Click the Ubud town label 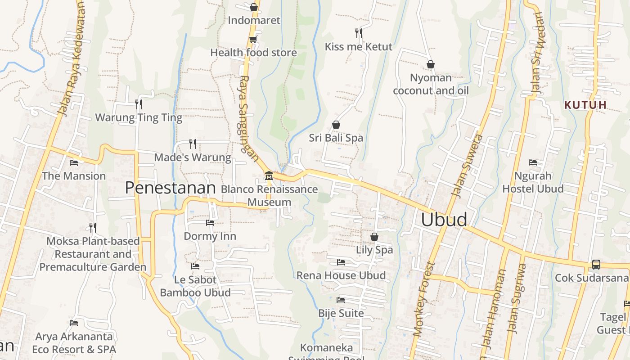tap(444, 220)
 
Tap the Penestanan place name tap(170, 188)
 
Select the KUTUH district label tap(585, 105)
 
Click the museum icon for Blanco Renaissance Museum tap(269, 175)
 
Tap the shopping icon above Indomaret tap(254, 7)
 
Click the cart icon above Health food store tap(253, 40)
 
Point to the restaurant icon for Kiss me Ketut tap(358, 33)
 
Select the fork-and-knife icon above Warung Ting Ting tap(139, 104)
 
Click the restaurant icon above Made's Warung tap(193, 144)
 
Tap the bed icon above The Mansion tap(74, 162)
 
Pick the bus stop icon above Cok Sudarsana tap(596, 265)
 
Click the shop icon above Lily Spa tap(374, 236)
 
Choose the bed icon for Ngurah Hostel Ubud tap(533, 162)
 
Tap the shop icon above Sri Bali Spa tap(336, 125)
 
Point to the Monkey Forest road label tap(424, 299)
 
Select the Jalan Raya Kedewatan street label tap(72, 58)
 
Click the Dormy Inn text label tap(210, 236)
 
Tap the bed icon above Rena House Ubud tap(341, 262)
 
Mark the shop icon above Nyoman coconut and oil tap(431, 64)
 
